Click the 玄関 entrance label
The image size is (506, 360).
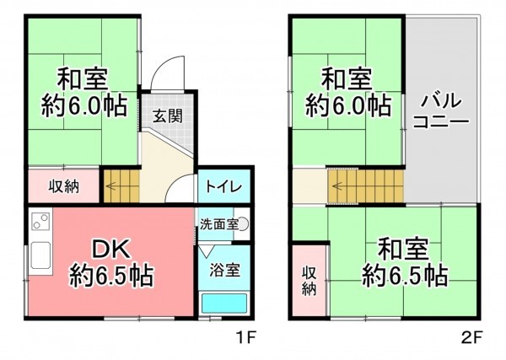coord(166,115)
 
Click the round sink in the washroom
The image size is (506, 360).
coord(243,224)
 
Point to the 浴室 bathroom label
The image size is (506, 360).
coord(224,271)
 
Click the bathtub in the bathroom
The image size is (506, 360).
coord(224,303)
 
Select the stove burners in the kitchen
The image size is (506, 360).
coord(39,224)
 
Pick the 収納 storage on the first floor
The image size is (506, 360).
coord(63,186)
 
